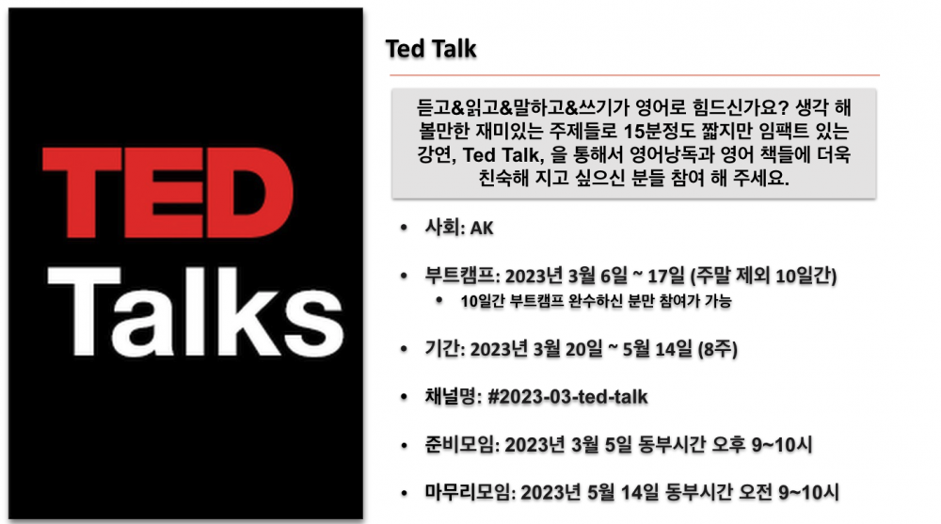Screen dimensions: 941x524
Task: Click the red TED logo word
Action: [168, 192]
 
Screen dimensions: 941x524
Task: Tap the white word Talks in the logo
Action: [196, 312]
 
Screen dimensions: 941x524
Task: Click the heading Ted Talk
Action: [431, 49]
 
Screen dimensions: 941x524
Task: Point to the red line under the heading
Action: [634, 75]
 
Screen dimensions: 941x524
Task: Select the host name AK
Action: [482, 228]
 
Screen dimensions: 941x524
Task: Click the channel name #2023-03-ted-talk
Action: [567, 397]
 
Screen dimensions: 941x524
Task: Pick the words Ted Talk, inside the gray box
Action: [503, 155]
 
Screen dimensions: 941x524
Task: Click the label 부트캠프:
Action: [462, 276]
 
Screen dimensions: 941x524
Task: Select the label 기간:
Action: [445, 349]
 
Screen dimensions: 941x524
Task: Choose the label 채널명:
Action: [454, 397]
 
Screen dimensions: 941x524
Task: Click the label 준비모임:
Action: [462, 445]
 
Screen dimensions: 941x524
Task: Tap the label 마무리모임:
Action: [470, 492]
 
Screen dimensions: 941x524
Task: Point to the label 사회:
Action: [445, 228]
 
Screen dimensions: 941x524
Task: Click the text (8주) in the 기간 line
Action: [717, 349]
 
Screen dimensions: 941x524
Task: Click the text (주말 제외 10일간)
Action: [763, 276]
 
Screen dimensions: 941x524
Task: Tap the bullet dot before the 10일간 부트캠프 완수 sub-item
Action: [439, 299]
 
